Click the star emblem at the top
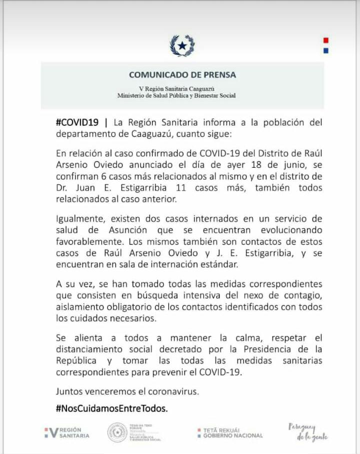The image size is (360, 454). pos(182,46)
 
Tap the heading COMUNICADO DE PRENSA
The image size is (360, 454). pos(182,75)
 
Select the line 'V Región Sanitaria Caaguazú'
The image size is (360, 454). pos(182,88)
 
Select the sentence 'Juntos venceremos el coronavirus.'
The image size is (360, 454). pos(127,392)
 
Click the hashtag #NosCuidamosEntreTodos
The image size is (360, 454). pos(112,408)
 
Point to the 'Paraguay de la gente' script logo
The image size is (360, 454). pos(308,432)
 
